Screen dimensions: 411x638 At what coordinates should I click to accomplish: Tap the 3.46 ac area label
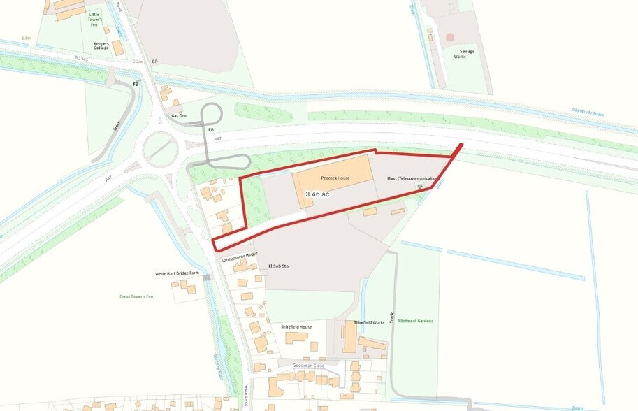[x=317, y=194]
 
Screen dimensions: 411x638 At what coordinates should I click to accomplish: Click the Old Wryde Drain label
[x=588, y=111]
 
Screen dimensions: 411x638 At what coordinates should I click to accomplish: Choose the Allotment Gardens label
[x=415, y=321]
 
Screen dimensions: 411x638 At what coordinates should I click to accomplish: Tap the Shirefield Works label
[x=369, y=322]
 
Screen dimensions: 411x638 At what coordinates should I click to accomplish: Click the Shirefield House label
[x=296, y=326]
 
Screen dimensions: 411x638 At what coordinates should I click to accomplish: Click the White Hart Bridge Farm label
[x=178, y=273]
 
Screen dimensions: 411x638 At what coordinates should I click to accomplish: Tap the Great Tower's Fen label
[x=136, y=296]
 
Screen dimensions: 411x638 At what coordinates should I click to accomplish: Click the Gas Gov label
[x=179, y=115]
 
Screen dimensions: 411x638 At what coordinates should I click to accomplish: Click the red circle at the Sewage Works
[x=450, y=36]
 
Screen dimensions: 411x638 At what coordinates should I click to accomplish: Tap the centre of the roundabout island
[x=160, y=147]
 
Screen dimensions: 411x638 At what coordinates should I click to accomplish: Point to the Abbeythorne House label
[x=239, y=257]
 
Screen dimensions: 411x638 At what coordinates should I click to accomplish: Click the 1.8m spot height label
[x=27, y=37]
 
